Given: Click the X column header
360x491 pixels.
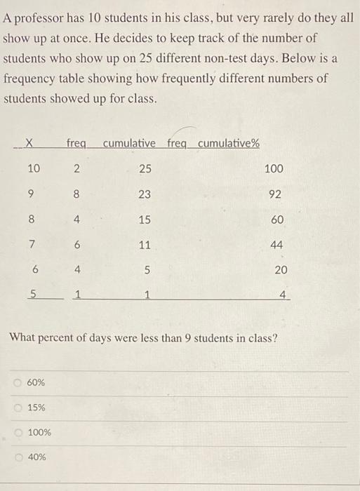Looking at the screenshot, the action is point(29,144).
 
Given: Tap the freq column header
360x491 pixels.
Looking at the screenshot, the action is point(76,144).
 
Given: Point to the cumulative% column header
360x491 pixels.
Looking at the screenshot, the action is point(228,144).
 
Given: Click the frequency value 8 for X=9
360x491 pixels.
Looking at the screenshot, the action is point(77,194).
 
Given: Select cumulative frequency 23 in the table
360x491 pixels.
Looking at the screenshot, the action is point(145,194).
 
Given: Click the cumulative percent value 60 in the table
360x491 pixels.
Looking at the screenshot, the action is point(277,220).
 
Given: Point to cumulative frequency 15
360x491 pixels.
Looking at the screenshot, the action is point(145,220).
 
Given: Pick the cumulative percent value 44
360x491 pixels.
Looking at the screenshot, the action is point(277,245).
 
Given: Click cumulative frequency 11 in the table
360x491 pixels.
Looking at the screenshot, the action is point(145,245).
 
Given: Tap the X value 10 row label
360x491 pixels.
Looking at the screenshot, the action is point(33,168).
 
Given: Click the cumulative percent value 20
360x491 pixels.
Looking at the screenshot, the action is point(281,270).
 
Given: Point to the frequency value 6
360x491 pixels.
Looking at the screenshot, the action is point(77,245).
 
